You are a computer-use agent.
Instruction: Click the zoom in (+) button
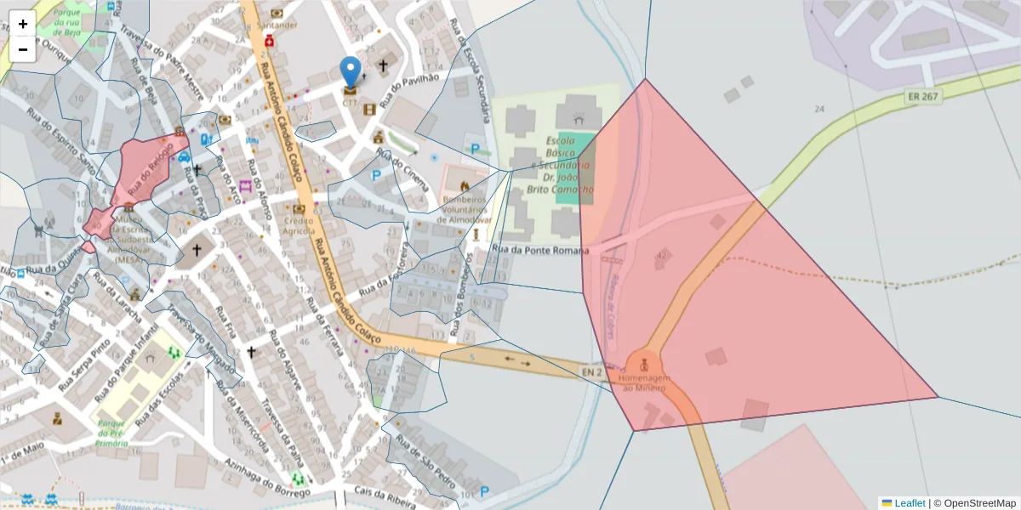click(23, 24)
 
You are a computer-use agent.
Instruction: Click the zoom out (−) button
click(23, 49)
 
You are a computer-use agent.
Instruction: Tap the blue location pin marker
click(350, 71)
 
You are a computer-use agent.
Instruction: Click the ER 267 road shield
click(922, 97)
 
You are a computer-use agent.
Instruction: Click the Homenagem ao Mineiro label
click(645, 382)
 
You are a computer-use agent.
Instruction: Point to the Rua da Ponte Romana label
click(540, 250)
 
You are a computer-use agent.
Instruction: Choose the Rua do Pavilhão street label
click(413, 88)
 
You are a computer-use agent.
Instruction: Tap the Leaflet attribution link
click(909, 503)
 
